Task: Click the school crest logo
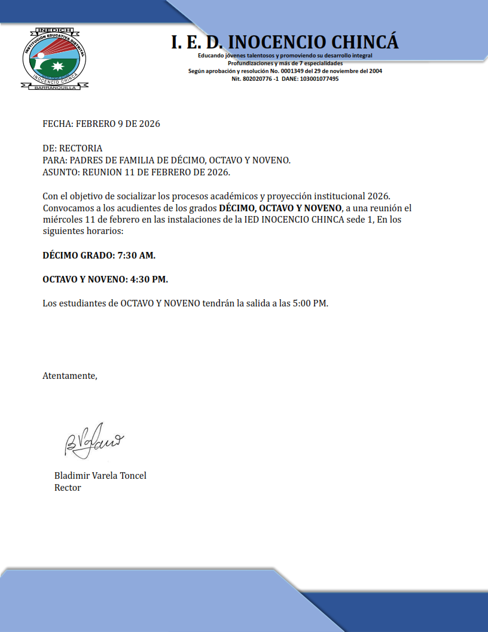click(54, 59)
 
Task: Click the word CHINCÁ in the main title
click(358, 42)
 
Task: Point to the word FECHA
click(57, 124)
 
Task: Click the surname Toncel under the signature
click(132, 476)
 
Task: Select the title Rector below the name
click(68, 488)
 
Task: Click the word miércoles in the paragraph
click(62, 220)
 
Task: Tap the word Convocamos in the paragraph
click(68, 208)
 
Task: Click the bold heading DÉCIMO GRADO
click(77, 256)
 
